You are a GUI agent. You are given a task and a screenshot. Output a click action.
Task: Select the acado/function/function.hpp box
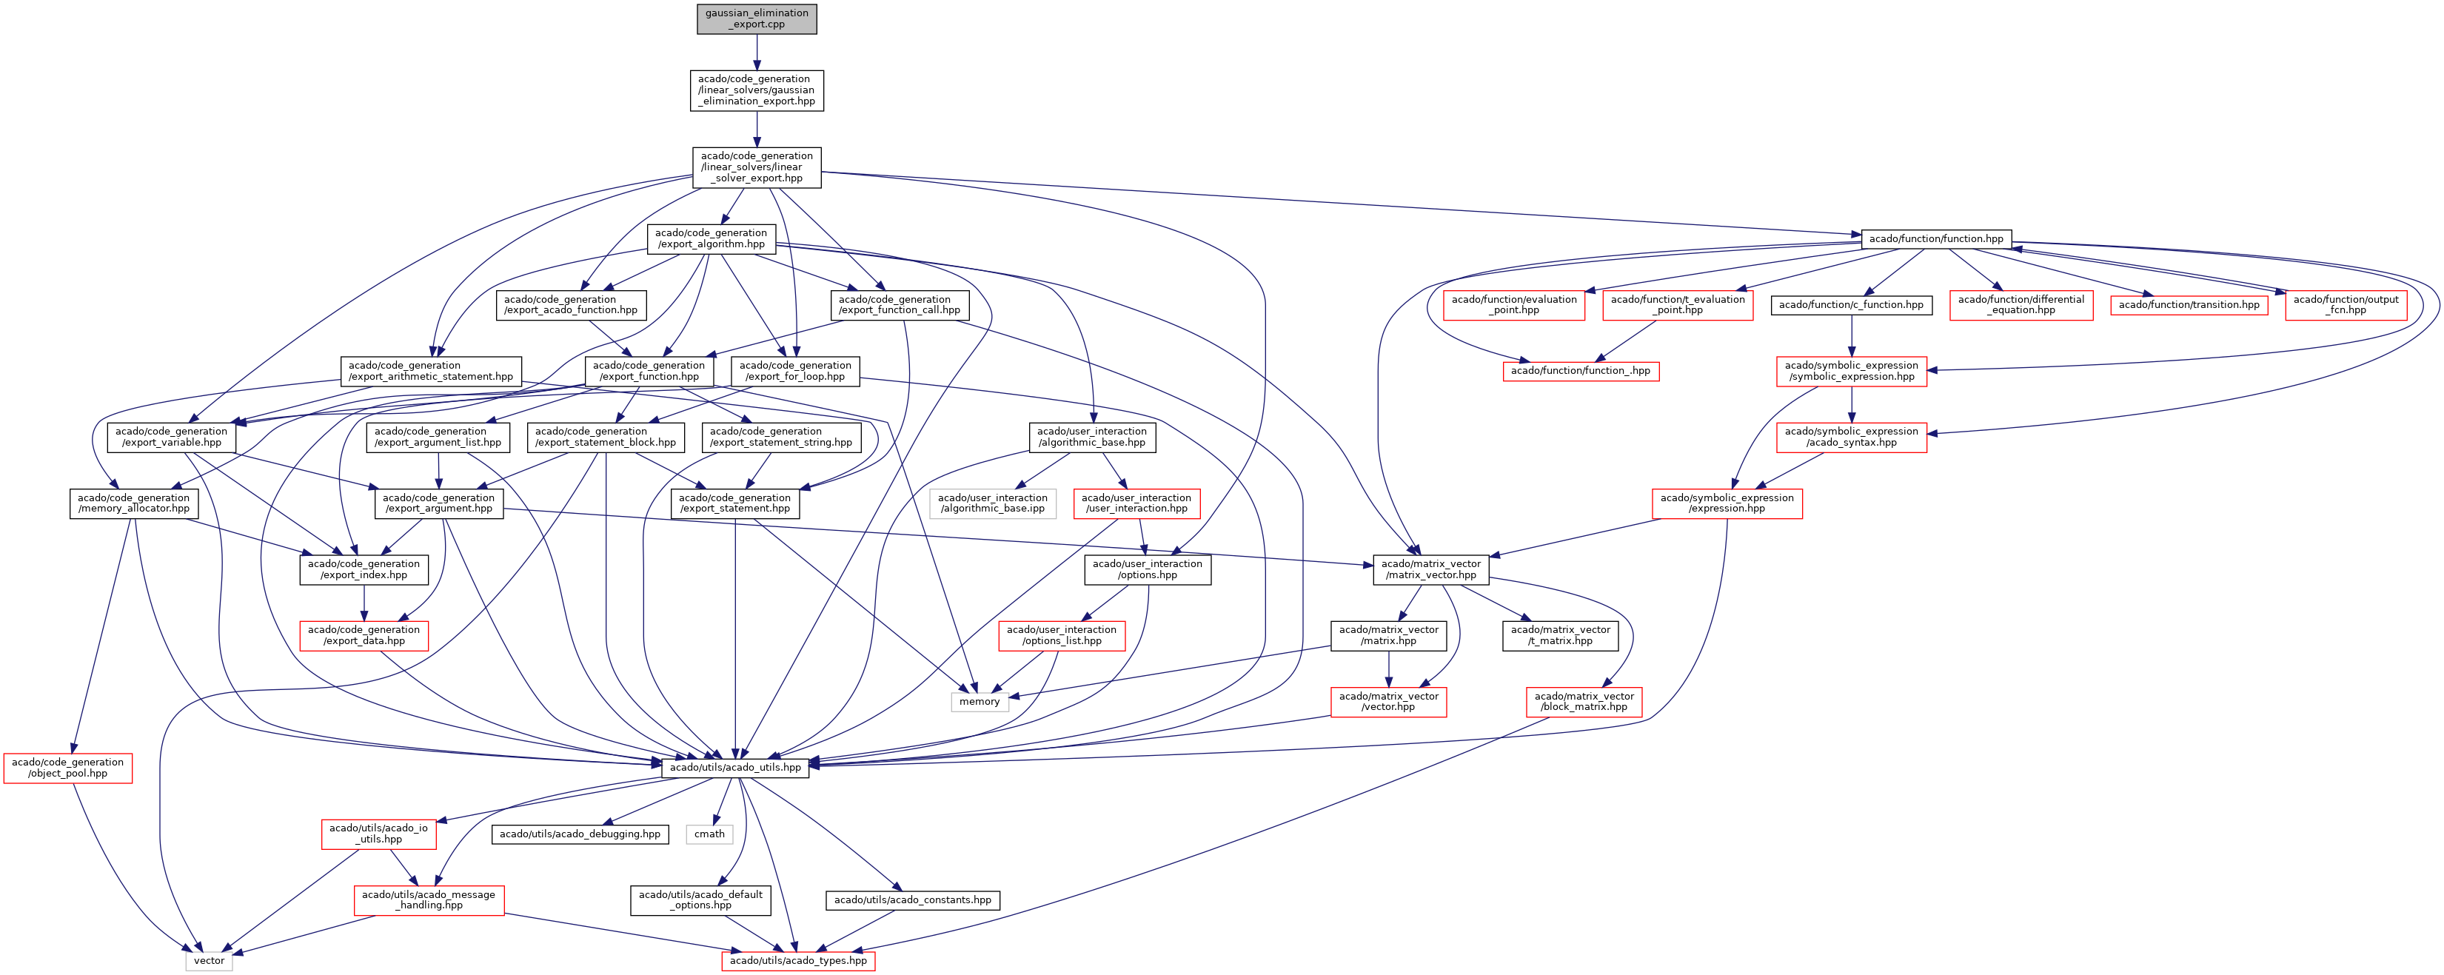pyautogui.click(x=1935, y=238)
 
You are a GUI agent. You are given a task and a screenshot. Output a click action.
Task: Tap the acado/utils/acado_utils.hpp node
pyautogui.click(x=735, y=767)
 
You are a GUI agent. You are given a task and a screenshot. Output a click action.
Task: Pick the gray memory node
pyautogui.click(x=979, y=702)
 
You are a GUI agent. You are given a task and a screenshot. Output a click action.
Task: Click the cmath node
pyautogui.click(x=710, y=834)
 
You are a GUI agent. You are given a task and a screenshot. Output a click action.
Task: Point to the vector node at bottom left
pyautogui.click(x=209, y=961)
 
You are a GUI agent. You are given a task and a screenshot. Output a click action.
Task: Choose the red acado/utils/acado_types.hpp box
pyautogui.click(x=798, y=961)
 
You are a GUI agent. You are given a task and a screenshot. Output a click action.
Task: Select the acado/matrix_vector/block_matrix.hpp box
pyautogui.click(x=1584, y=702)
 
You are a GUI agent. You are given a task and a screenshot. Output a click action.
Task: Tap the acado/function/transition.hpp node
pyautogui.click(x=2189, y=304)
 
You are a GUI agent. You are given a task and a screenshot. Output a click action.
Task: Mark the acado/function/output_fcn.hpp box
pyautogui.click(x=2346, y=304)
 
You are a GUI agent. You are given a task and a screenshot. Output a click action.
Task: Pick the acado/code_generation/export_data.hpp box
pyautogui.click(x=364, y=635)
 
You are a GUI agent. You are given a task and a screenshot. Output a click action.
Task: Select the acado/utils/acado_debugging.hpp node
pyautogui.click(x=580, y=834)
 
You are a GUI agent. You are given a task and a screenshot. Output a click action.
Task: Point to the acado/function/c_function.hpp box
pyautogui.click(x=1851, y=304)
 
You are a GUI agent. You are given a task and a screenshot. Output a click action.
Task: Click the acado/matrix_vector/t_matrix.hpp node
pyautogui.click(x=1560, y=635)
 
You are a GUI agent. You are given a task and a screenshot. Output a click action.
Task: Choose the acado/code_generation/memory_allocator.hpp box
pyautogui.click(x=134, y=503)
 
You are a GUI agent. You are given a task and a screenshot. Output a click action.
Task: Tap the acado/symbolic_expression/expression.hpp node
pyautogui.click(x=1727, y=503)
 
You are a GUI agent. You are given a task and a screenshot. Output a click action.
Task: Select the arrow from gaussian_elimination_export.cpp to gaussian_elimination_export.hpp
pyautogui.click(x=757, y=52)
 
